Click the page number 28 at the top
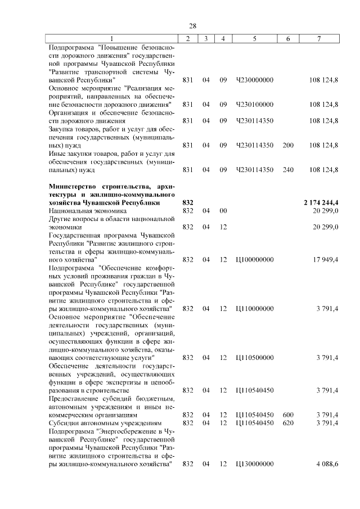[192, 26]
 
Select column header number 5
[255, 38]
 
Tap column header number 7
[319, 38]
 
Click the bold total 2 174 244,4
[321, 202]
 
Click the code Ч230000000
[255, 80]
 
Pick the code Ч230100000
[255, 104]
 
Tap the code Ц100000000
[255, 259]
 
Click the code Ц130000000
[255, 463]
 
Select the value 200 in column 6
[288, 145]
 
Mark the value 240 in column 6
[288, 169]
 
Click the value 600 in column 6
[288, 415]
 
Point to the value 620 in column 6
[288, 422]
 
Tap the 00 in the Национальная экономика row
[223, 210]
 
